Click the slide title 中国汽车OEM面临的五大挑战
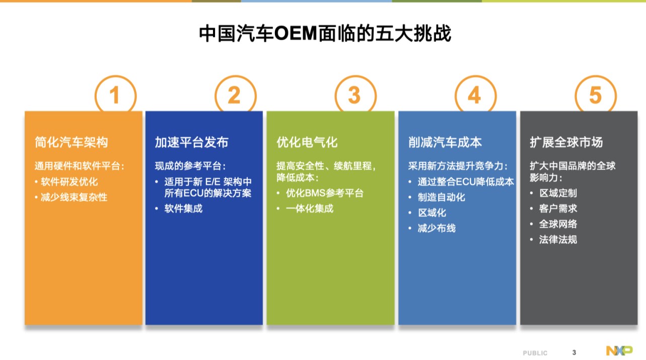click(325, 34)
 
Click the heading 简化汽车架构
click(71, 142)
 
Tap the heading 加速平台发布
click(192, 142)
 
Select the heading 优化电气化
click(307, 142)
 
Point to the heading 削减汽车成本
click(445, 142)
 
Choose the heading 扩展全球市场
click(566, 142)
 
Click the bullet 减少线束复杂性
click(74, 197)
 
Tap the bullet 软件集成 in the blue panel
click(183, 208)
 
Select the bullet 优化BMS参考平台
click(325, 193)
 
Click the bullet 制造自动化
click(442, 197)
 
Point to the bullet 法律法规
click(558, 240)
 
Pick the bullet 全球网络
click(558, 224)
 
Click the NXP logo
click(619, 350)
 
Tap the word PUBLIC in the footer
click(535, 353)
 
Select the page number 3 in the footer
click(574, 352)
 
